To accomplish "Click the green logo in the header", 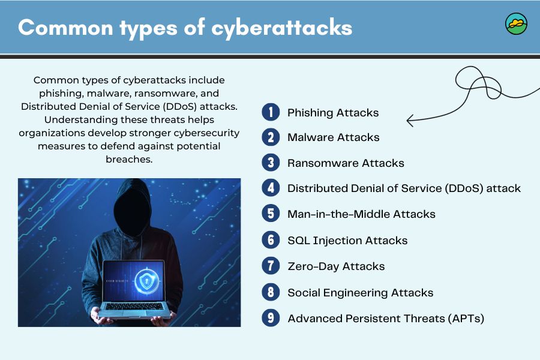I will tap(516, 24).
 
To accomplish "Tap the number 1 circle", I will tap(271, 112).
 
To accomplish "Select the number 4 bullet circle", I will tap(271, 188).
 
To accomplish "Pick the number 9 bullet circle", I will tap(271, 318).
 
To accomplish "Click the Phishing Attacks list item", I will tap(333, 112).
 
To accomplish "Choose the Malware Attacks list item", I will tap(333, 137).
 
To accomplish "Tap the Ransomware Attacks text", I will tap(346, 163).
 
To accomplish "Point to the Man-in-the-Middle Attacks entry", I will tap(361, 214).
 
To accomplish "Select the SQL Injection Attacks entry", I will tap(347, 241).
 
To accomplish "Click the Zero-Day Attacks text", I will tap(336, 266).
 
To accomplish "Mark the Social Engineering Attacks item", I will tap(360, 293).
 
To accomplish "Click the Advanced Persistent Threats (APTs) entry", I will tap(386, 319).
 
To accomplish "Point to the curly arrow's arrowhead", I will tap(409, 121).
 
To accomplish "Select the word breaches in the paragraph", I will tap(129, 160).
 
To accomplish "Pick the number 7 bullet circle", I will tap(271, 266).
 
